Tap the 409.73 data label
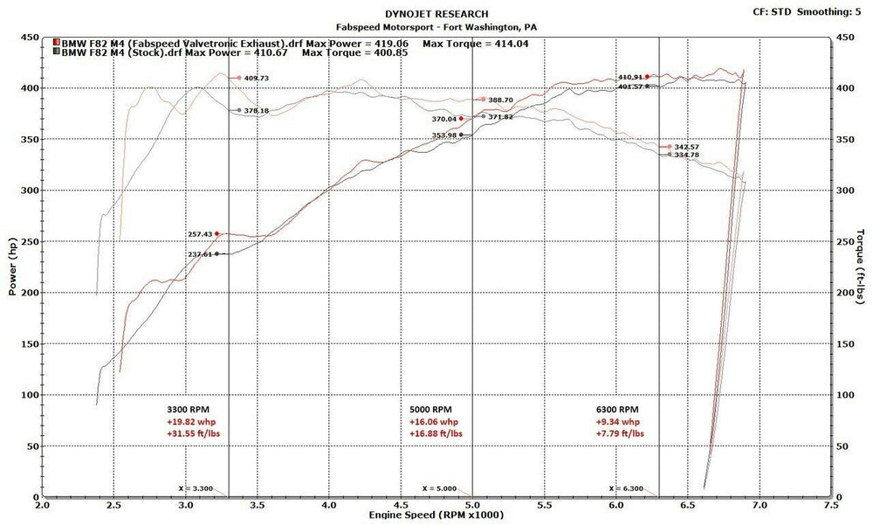pos(257,79)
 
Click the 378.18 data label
pos(257,111)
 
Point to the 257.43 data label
pos(200,234)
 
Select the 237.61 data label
pos(200,254)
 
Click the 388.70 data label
pos(501,100)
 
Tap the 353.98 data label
pos(444,135)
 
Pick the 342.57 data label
pos(687,147)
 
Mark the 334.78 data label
pos(687,156)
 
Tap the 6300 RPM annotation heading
pos(617,409)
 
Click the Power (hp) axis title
pos(13,267)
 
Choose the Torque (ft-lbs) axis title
pos(861,267)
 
